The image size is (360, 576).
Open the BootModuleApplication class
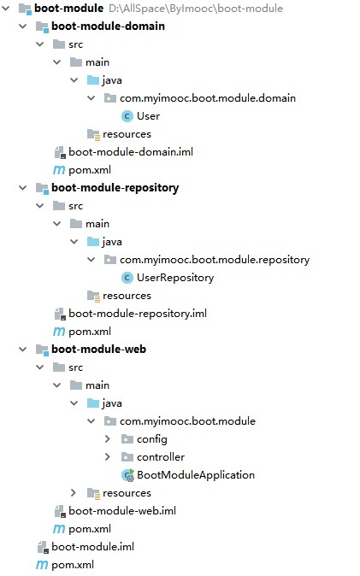click(195, 474)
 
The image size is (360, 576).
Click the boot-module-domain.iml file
click(130, 151)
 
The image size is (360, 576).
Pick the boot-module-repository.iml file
click(137, 313)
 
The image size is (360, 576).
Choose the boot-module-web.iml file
click(121, 510)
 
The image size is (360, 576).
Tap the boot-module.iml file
click(92, 546)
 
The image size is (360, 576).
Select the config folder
click(151, 438)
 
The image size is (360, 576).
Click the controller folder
click(160, 456)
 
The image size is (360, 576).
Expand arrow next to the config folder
click(108, 438)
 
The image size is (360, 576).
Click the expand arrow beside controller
click(108, 456)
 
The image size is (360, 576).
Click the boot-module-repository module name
click(115, 187)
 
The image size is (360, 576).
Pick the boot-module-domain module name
click(108, 26)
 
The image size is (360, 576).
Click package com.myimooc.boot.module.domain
click(207, 97)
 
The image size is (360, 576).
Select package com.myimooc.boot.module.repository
click(214, 259)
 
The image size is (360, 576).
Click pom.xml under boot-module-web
click(89, 528)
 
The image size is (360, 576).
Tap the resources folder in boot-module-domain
click(127, 133)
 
